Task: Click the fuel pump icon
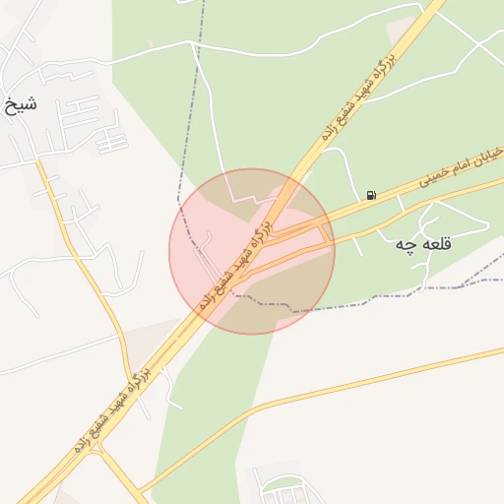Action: [370, 195]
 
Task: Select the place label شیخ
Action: [22, 102]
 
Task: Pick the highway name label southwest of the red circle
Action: [110, 409]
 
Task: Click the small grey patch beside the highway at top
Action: [401, 30]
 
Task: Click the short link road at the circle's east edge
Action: [327, 232]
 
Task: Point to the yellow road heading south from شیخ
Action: [84, 256]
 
